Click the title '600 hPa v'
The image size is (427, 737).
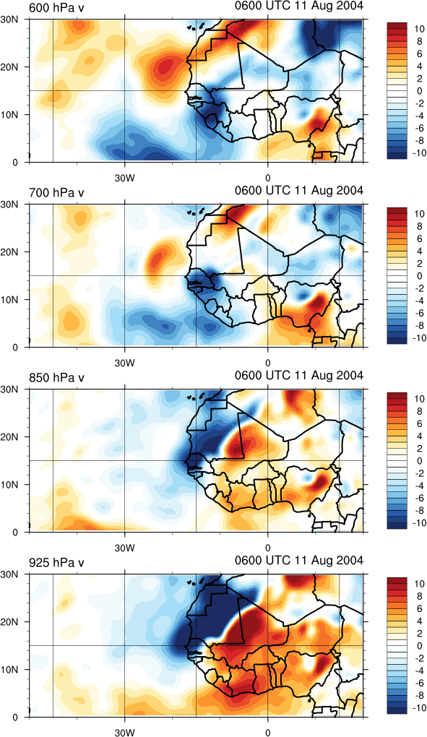[x=56, y=8]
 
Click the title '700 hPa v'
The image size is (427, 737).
[x=56, y=193]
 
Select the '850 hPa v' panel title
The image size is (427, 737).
[x=56, y=377]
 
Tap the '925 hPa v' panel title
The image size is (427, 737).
[x=56, y=562]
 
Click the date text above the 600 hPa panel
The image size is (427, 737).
[x=299, y=6]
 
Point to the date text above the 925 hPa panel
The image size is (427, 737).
[x=299, y=560]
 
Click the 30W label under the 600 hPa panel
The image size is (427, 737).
[x=125, y=179]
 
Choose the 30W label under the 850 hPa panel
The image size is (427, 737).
[x=125, y=548]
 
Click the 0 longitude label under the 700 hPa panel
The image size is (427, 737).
[x=268, y=363]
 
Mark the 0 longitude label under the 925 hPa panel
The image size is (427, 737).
[x=268, y=733]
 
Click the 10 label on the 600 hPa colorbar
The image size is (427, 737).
[x=420, y=29]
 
